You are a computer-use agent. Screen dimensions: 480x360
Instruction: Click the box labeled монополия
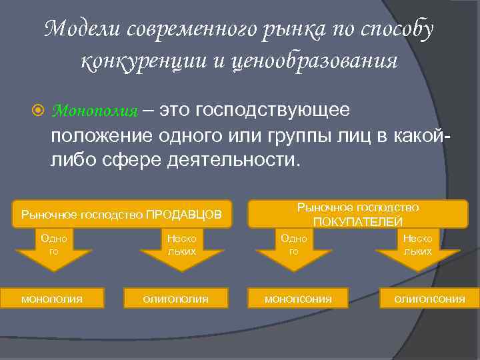point(52,299)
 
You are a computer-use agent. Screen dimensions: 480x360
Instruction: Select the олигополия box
point(175,299)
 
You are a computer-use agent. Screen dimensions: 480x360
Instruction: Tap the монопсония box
point(297,299)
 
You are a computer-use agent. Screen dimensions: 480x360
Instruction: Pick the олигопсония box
point(429,299)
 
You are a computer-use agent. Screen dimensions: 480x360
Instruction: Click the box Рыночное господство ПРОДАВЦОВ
point(123,215)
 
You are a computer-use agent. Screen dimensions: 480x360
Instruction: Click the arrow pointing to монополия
point(54,252)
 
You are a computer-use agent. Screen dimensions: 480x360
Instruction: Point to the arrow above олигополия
point(181,252)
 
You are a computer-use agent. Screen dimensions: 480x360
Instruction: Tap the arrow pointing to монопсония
point(294,252)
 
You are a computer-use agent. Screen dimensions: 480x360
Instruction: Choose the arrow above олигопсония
point(417,252)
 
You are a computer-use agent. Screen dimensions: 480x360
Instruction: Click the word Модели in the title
point(83,29)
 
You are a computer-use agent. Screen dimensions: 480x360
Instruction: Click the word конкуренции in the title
point(141,61)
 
